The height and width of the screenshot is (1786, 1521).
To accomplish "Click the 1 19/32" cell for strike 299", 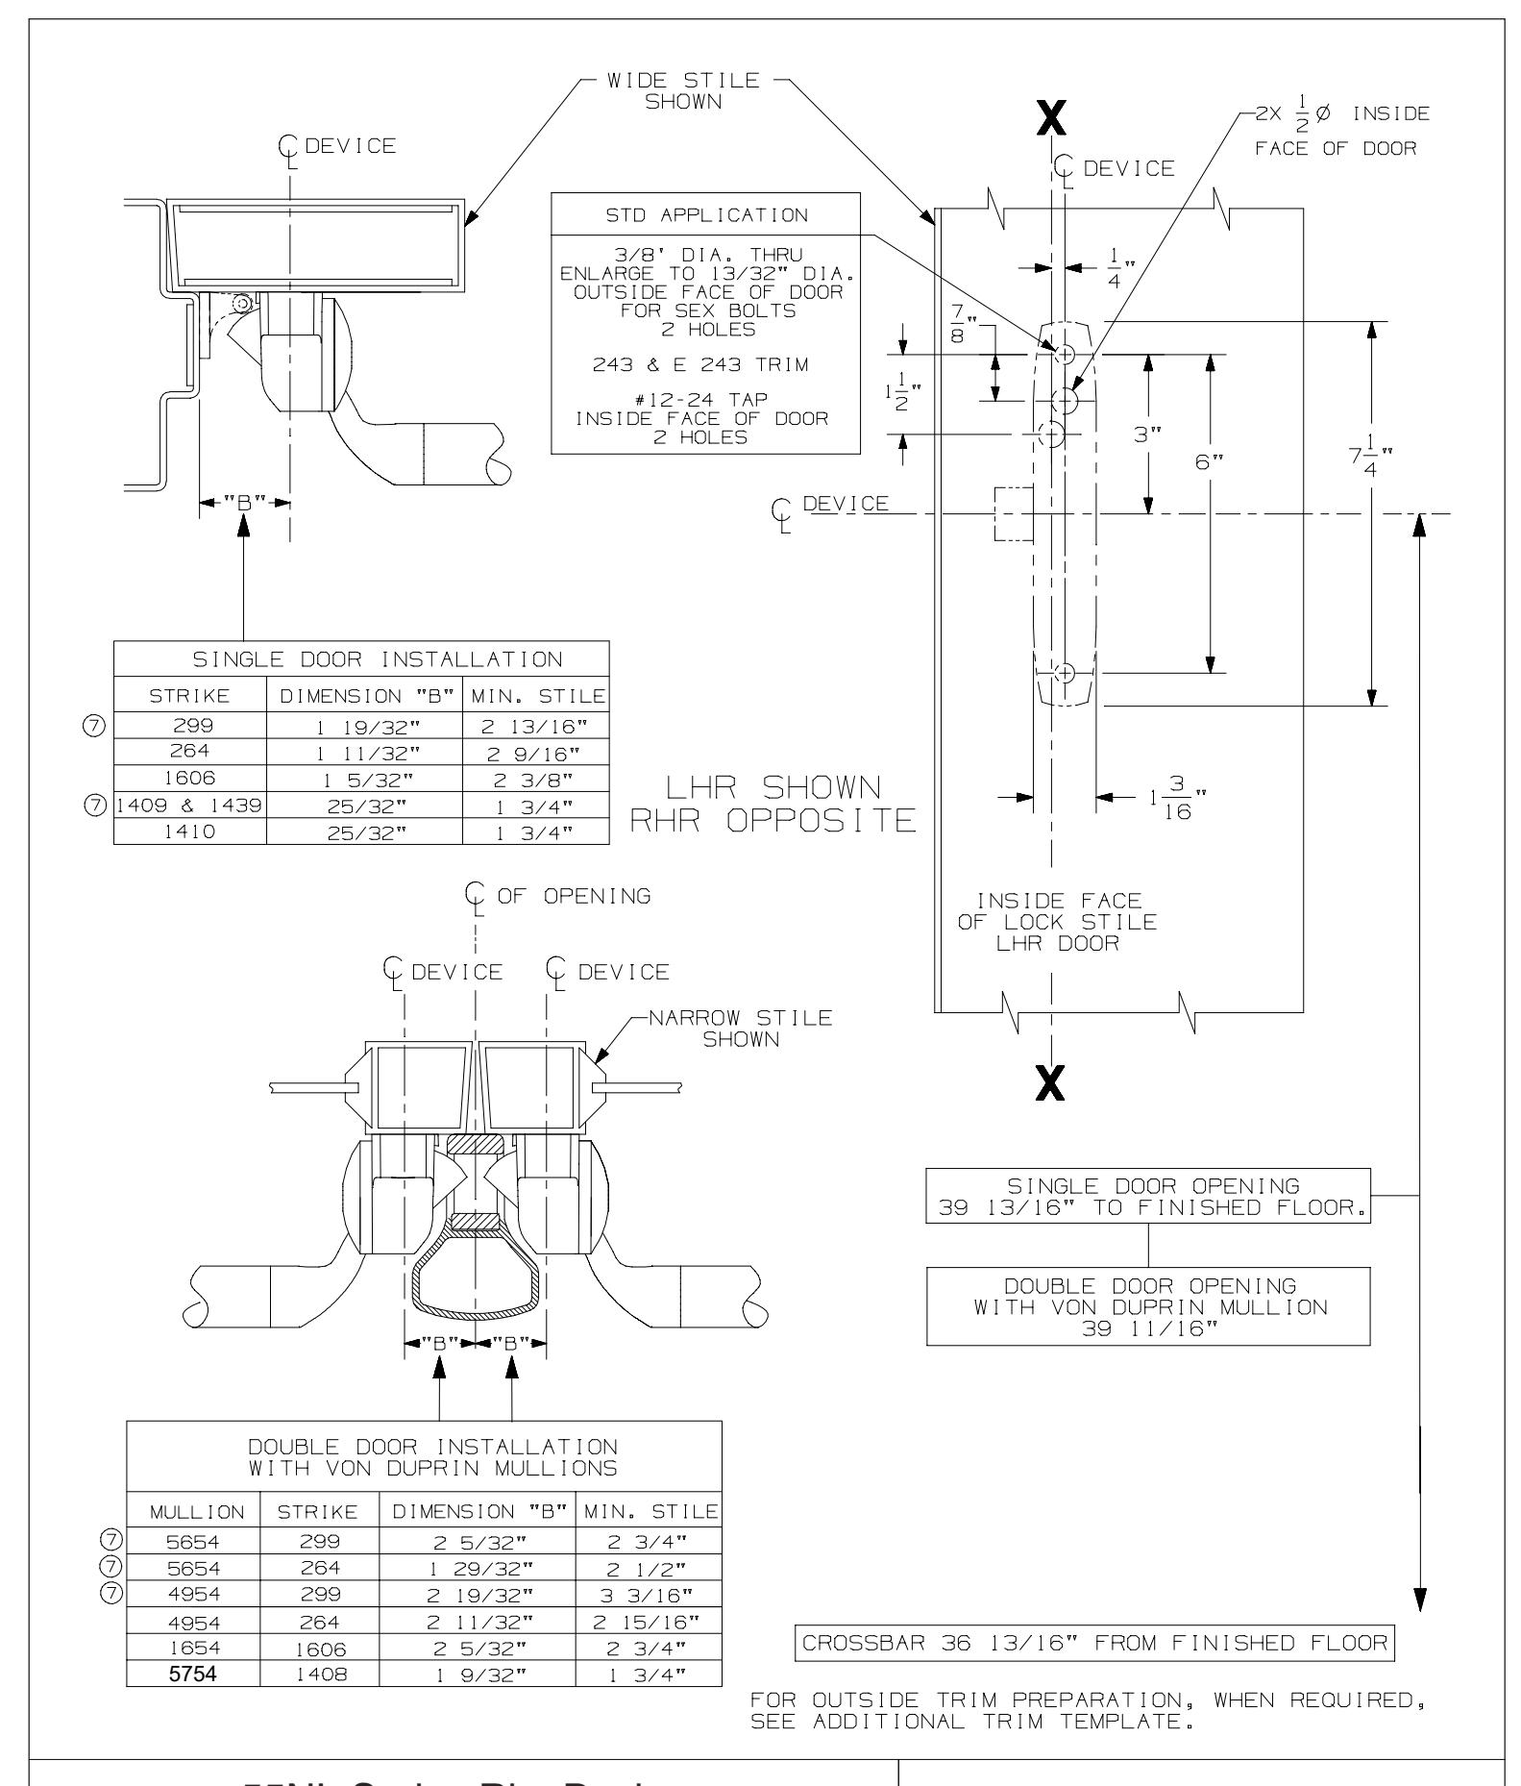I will coord(364,729).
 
